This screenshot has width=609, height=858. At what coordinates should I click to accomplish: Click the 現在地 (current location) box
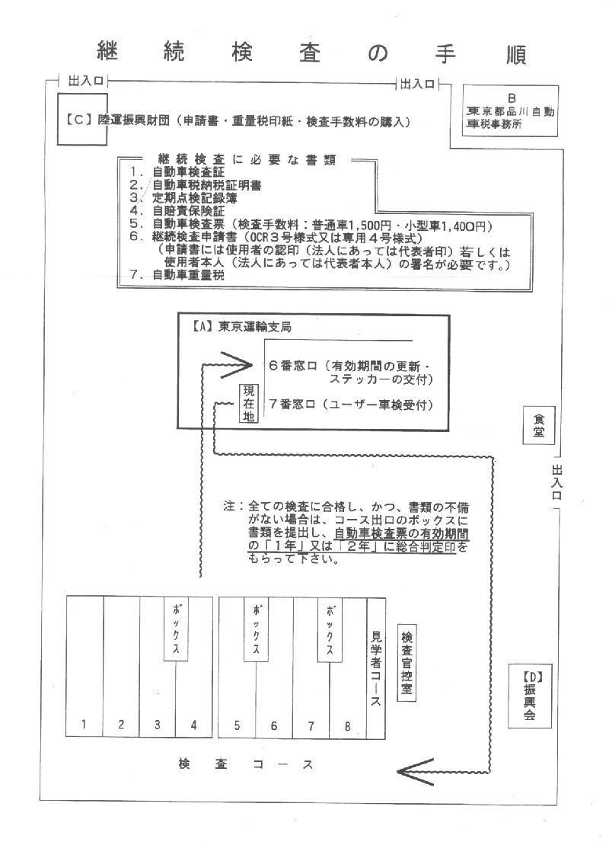[249, 403]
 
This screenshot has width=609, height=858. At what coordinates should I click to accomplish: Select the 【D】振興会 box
[529, 696]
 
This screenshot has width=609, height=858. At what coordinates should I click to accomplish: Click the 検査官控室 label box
[407, 663]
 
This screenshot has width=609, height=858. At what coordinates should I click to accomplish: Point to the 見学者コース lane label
[376, 668]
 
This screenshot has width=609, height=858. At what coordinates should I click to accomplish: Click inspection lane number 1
[84, 724]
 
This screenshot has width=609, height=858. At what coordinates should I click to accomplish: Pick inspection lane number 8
[347, 727]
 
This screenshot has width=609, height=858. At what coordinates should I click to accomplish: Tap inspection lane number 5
[237, 725]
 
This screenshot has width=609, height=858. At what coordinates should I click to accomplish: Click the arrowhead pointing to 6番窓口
[236, 365]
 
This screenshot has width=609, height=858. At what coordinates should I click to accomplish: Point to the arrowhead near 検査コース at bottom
[416, 772]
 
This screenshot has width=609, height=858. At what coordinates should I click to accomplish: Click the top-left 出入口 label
[85, 81]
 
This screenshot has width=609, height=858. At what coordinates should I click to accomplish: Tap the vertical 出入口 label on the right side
[556, 482]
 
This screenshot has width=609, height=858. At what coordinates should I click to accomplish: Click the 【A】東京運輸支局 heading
[241, 327]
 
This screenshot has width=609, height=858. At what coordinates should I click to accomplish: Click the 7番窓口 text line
[351, 405]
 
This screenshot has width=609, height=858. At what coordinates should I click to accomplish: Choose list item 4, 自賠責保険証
[177, 210]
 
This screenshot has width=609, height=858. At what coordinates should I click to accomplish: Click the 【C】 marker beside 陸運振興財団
[78, 120]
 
